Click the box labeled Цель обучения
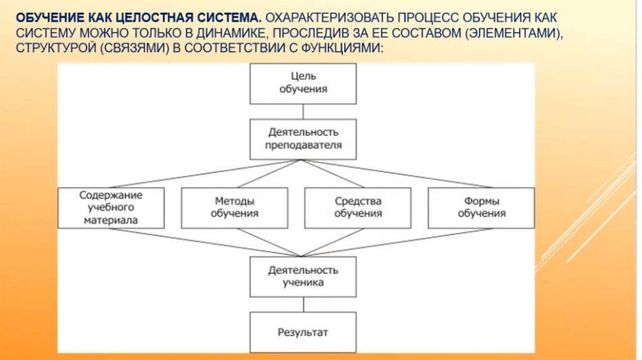click(303, 84)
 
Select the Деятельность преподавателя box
click(303, 139)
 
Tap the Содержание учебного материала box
click(111, 208)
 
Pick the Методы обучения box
click(234, 208)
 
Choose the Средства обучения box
click(357, 208)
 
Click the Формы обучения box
click(481, 208)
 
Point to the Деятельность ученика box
click(303, 277)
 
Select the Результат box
click(303, 332)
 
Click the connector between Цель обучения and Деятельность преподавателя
click(303, 112)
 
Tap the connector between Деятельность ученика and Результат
click(303, 305)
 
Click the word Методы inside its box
click(234, 202)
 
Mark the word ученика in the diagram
click(303, 283)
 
